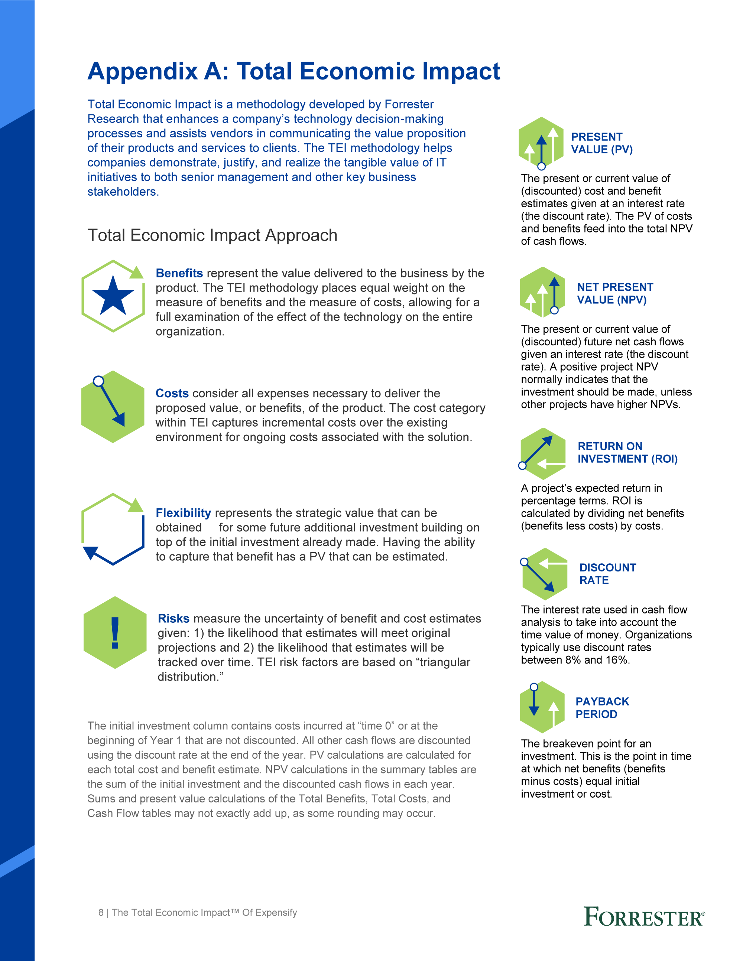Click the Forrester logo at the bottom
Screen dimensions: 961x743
[x=644, y=918]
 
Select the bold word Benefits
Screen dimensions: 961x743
[x=179, y=273]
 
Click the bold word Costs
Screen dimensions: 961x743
[x=172, y=393]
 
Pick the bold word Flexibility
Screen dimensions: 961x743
[x=183, y=513]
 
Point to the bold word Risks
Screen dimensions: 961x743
[x=173, y=619]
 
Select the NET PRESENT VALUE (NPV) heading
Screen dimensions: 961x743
[x=615, y=293]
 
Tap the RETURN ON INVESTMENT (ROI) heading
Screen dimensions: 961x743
[x=627, y=452]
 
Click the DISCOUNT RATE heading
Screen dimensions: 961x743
[x=607, y=574]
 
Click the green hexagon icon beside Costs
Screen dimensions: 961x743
[x=113, y=407]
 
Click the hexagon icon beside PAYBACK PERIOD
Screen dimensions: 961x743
[x=542, y=707]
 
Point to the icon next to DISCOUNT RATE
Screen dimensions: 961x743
[x=544, y=574]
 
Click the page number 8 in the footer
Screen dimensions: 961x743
[x=101, y=913]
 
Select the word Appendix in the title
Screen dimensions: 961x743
[x=143, y=71]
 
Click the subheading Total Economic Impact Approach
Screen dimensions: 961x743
[x=212, y=235]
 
